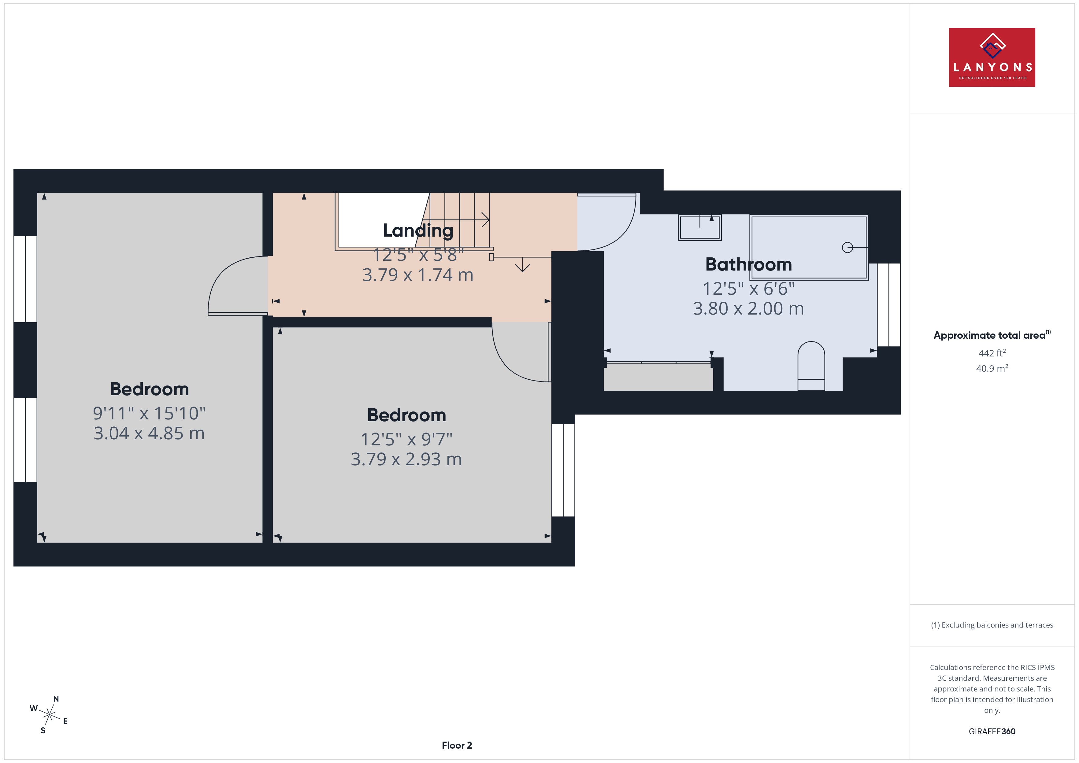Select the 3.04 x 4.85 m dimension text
pos(149,433)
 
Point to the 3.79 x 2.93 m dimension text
pos(406,459)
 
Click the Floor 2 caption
pos(457,745)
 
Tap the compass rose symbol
pos(49,715)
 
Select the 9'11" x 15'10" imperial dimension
pos(149,413)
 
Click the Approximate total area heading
pos(992,335)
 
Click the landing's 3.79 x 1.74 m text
pos(418,275)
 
